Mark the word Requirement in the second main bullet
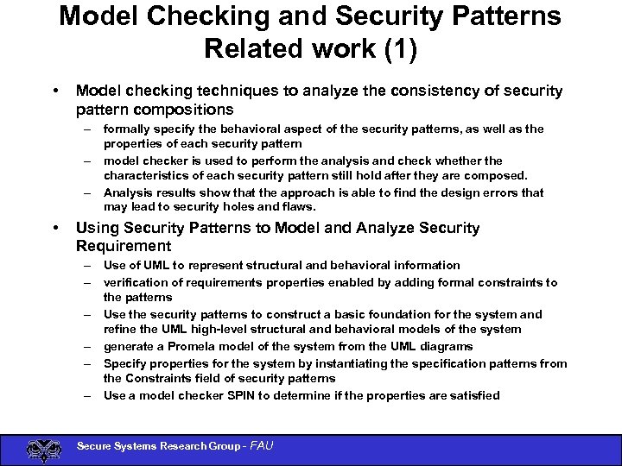click(x=124, y=247)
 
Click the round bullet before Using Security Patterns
click(x=55, y=229)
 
